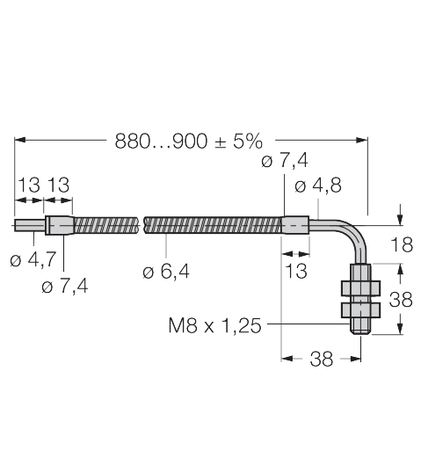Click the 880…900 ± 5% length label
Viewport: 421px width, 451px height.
pyautogui.click(x=188, y=141)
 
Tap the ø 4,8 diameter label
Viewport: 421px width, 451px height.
pyautogui.click(x=318, y=185)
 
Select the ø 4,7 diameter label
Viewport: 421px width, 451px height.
pyautogui.click(x=33, y=259)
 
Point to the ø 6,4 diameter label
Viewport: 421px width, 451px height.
pyautogui.click(x=166, y=272)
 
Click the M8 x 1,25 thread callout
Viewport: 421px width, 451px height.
pyautogui.click(x=214, y=325)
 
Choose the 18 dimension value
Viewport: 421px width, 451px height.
pyautogui.click(x=402, y=244)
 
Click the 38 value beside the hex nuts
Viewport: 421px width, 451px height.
pyautogui.click(x=401, y=300)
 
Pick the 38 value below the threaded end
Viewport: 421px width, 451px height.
pyautogui.click(x=322, y=359)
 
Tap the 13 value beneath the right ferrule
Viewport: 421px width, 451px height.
pyautogui.click(x=296, y=271)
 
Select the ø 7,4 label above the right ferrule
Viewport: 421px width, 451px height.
pyautogui.click(x=285, y=161)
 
